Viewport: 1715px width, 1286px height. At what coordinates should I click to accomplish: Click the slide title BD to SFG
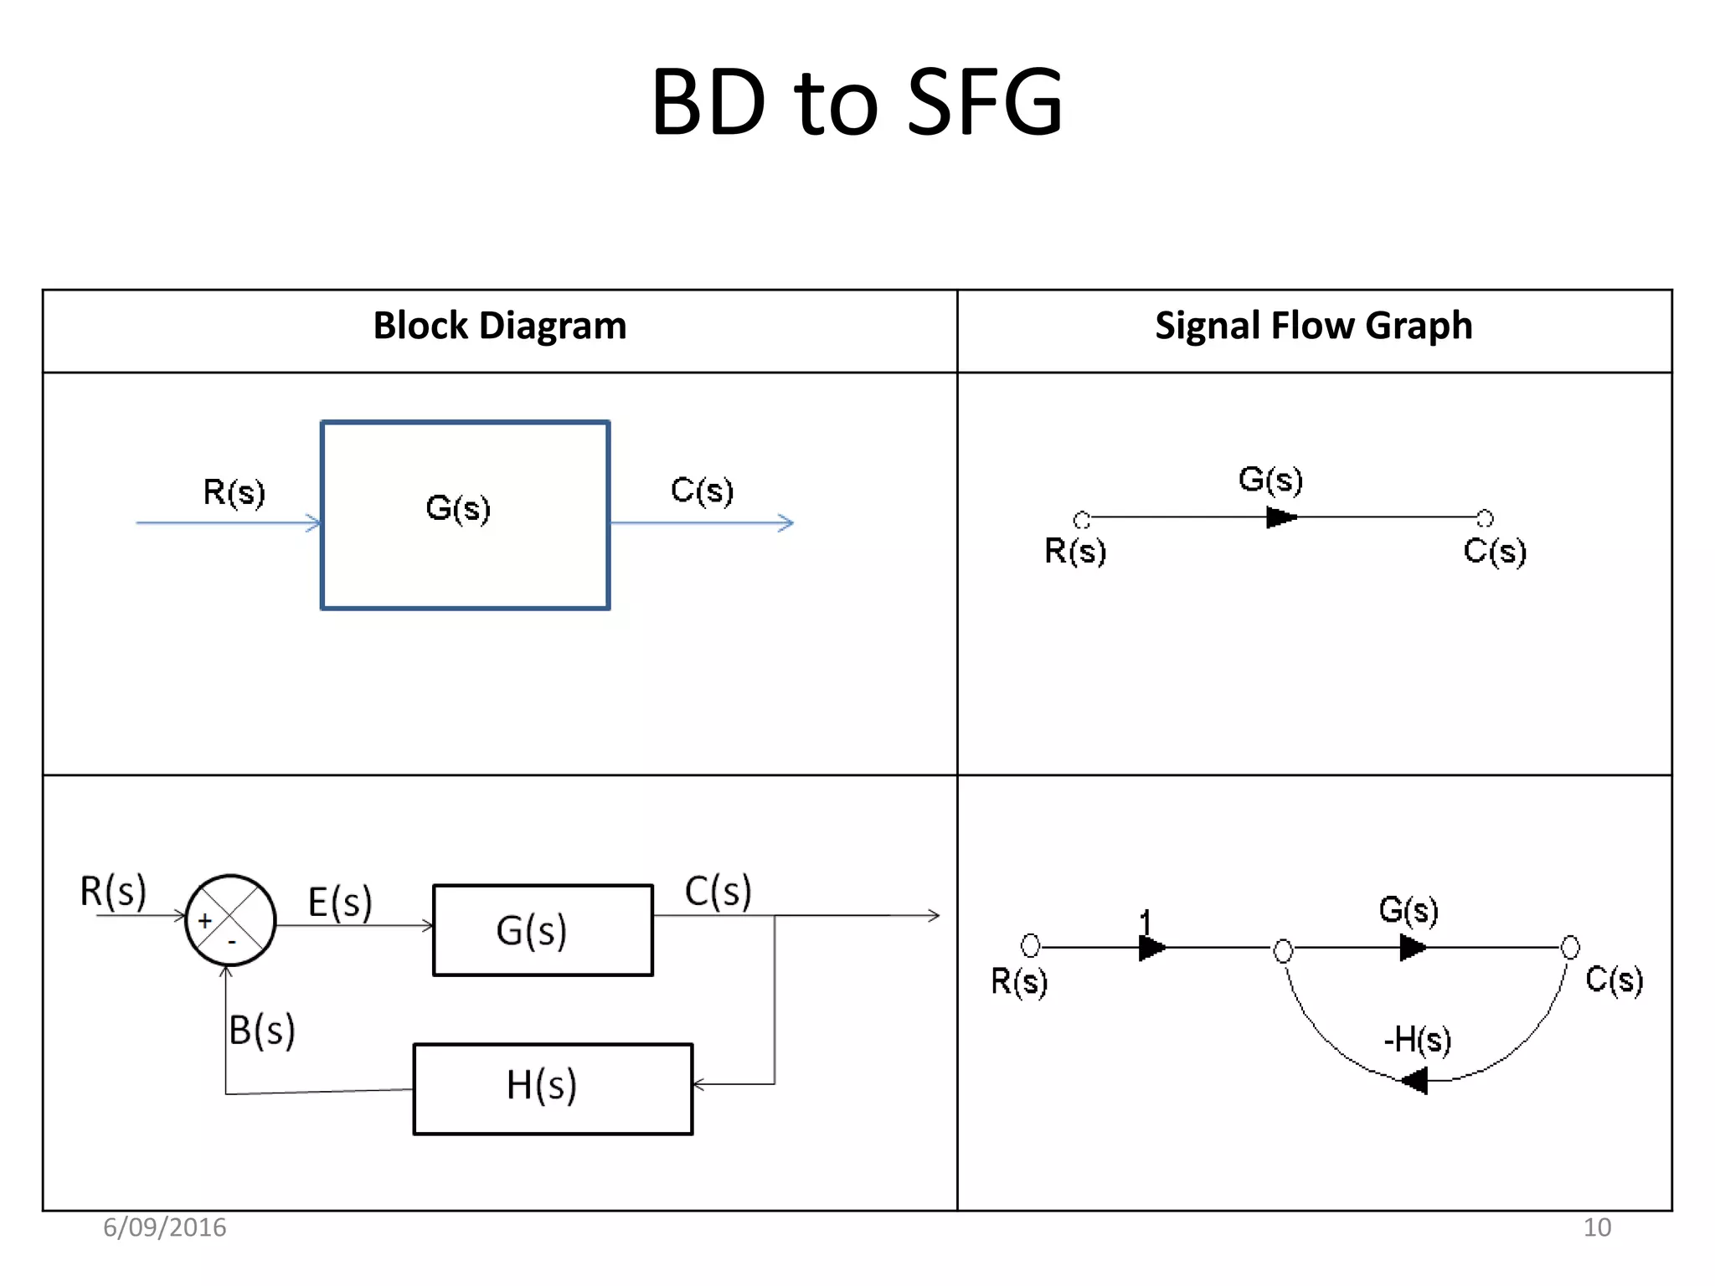[x=856, y=102]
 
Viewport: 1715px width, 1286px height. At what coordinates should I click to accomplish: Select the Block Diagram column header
[x=499, y=326]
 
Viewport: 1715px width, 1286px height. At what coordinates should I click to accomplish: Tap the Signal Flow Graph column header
[x=1313, y=326]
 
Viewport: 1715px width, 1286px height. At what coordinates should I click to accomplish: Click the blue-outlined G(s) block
[x=466, y=515]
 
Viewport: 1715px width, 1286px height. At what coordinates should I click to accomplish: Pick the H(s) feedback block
[x=553, y=1088]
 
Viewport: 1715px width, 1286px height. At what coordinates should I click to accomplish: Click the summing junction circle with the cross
[x=230, y=920]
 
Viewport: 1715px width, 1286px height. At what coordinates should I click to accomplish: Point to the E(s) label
[x=339, y=903]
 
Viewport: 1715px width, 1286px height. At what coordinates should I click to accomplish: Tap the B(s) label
[x=262, y=1030]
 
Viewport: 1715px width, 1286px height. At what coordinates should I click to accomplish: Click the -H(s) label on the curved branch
[x=1417, y=1040]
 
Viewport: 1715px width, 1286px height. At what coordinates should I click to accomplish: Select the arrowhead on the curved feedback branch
[x=1414, y=1080]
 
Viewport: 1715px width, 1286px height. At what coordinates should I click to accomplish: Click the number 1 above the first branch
[x=1146, y=922]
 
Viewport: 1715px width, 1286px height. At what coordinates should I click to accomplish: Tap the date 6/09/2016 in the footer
[x=164, y=1227]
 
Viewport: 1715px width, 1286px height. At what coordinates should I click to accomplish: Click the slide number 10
[x=1596, y=1227]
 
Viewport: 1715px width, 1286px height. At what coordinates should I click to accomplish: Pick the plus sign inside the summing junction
[x=205, y=921]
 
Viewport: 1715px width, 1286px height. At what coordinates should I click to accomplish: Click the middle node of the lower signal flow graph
[x=1283, y=950]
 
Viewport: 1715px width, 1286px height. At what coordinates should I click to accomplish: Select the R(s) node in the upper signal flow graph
[x=1081, y=520]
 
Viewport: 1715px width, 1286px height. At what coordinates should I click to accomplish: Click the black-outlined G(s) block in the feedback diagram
[x=543, y=930]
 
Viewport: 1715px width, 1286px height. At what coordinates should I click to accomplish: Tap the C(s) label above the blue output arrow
[x=702, y=490]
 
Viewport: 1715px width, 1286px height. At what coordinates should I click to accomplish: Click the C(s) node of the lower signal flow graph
[x=1570, y=947]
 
